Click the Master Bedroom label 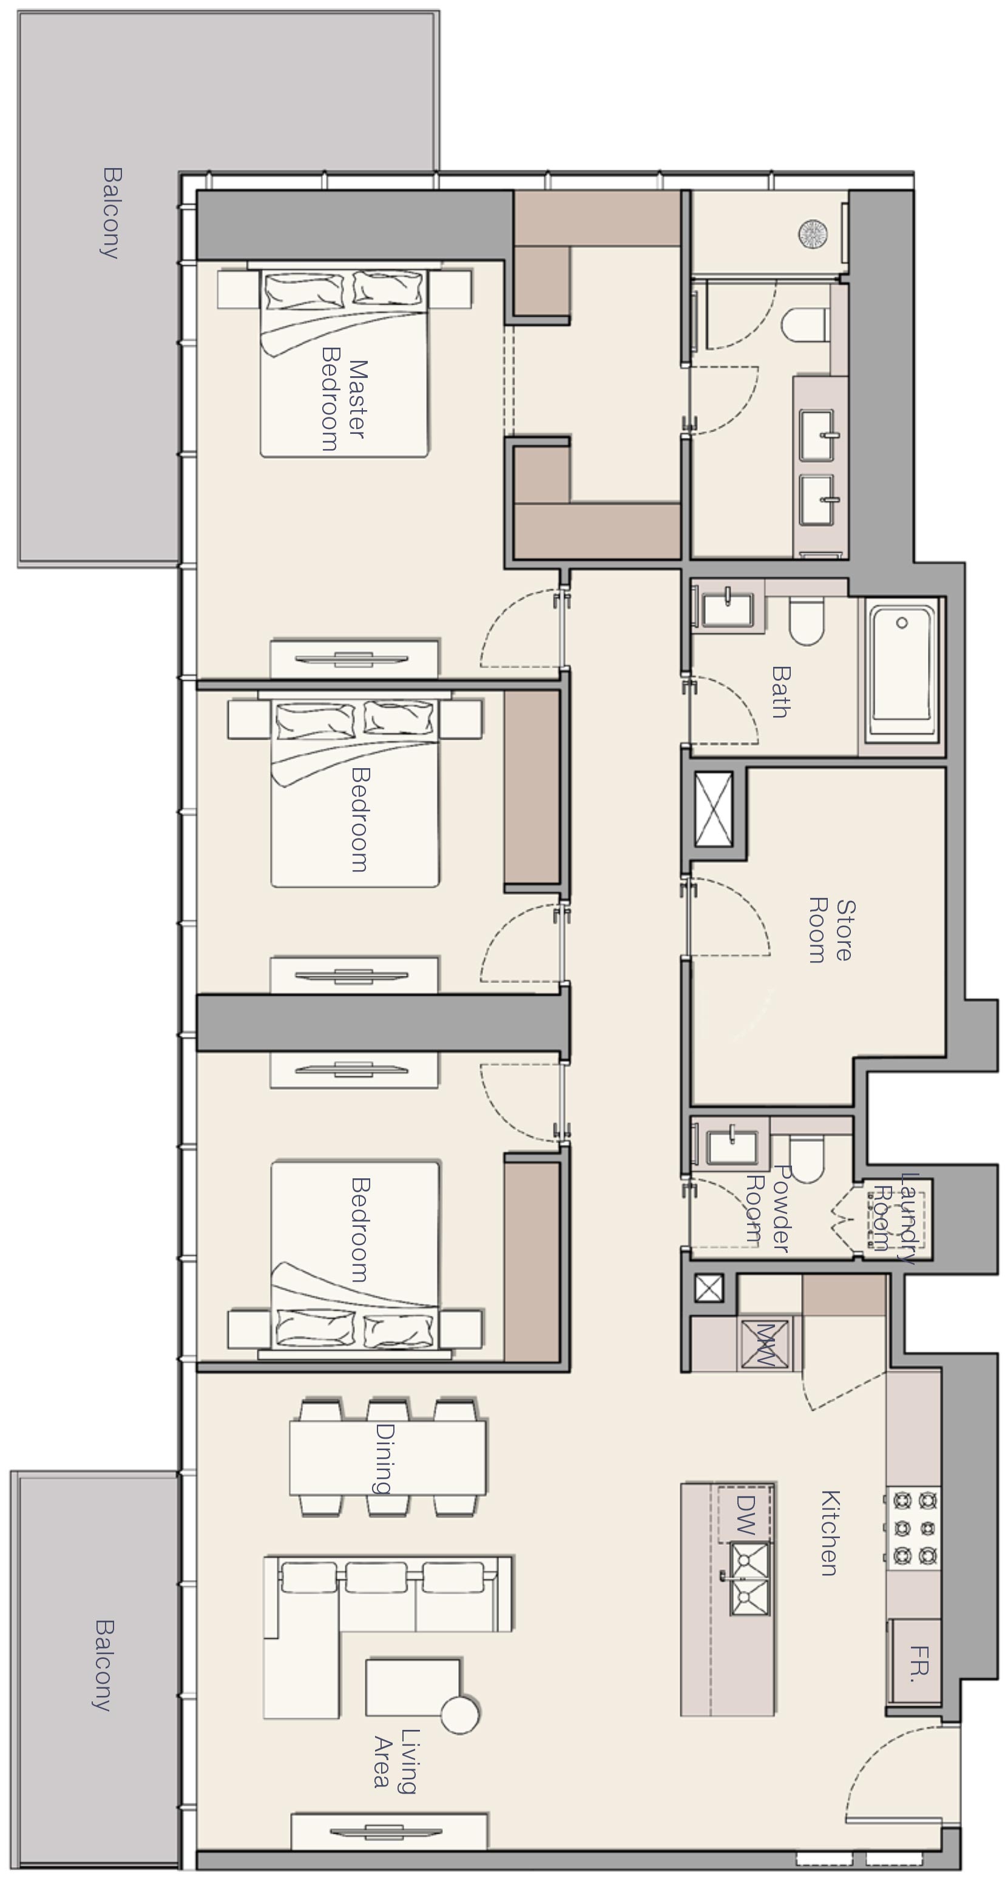(x=343, y=399)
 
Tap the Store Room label (x=831, y=930)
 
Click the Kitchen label (x=829, y=1532)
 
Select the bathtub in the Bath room (x=902, y=670)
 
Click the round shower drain (x=813, y=234)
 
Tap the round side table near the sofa (x=459, y=1713)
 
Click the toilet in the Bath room (x=807, y=623)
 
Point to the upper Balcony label (x=110, y=213)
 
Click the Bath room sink (x=727, y=609)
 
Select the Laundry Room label (x=896, y=1217)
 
